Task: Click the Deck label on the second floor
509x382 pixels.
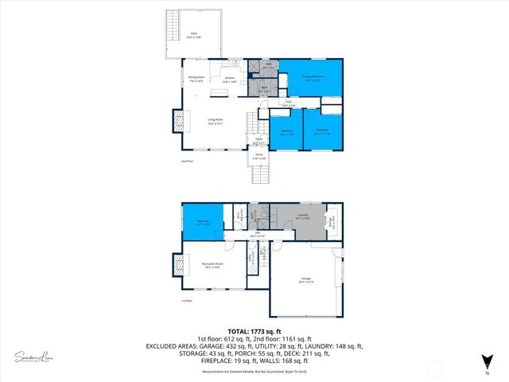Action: pos(193,34)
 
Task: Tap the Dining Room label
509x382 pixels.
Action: pos(197,79)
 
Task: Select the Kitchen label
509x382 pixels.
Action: pos(229,79)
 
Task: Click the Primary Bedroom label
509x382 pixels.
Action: pos(311,78)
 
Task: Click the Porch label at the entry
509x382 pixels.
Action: pos(257,158)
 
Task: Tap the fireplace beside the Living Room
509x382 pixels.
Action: pos(176,121)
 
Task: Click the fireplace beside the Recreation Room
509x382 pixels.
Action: pos(175,263)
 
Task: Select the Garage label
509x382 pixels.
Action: pos(305,280)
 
